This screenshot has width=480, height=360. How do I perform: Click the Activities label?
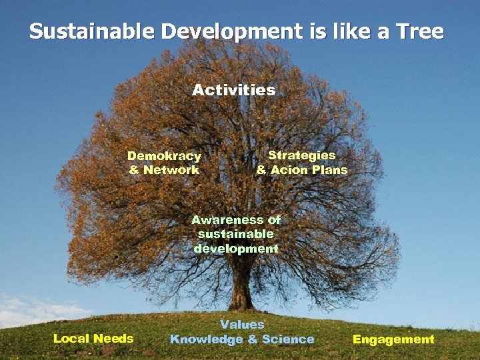click(233, 90)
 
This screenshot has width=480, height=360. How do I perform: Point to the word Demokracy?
click(164, 156)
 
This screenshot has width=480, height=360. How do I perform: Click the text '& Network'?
click(164, 170)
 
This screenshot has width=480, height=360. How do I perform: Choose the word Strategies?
click(301, 155)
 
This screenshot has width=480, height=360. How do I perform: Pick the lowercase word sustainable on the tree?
click(235, 234)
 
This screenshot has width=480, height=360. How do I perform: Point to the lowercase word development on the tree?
click(236, 249)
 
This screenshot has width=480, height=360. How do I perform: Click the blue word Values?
click(242, 325)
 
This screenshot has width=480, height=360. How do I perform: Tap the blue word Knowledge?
click(207, 339)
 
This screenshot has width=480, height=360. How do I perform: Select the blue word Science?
click(288, 339)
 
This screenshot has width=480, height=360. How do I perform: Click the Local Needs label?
click(93, 339)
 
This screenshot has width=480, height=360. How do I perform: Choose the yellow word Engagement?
click(393, 339)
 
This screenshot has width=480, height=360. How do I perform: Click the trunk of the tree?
click(241, 287)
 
